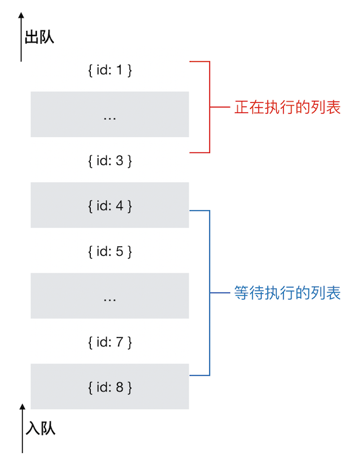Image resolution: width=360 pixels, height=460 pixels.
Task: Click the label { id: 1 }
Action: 109,70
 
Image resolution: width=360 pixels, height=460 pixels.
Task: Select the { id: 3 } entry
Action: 109,161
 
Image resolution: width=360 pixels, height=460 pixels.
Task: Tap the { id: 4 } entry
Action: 109,206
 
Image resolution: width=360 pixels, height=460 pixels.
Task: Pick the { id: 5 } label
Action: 109,251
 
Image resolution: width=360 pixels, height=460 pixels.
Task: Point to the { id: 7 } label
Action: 109,342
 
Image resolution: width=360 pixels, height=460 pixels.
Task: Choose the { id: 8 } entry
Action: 109,386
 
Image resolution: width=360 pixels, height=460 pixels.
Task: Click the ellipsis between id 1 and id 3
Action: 109,117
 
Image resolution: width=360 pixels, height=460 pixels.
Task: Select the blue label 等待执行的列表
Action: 288,293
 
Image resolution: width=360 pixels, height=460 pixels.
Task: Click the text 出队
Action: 39,37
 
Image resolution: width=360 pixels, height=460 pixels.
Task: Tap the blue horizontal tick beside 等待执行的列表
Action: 219,294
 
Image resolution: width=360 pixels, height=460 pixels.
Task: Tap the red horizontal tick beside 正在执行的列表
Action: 219,107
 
